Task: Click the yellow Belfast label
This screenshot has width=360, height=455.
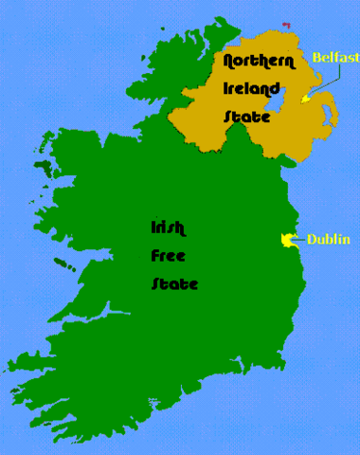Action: coord(335,58)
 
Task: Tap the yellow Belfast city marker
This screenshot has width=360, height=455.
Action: coord(304,99)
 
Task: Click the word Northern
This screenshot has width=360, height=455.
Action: coord(256,63)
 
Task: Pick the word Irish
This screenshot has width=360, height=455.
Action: coord(168,227)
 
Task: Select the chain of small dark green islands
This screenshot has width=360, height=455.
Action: coord(63,261)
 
